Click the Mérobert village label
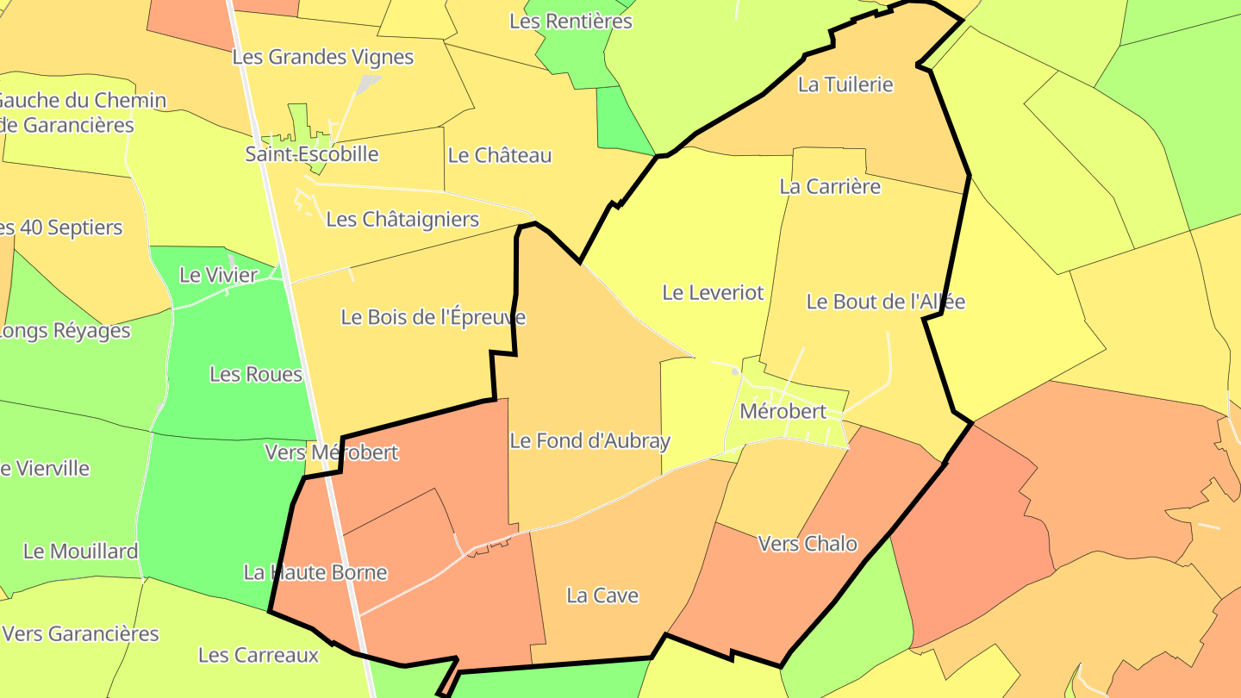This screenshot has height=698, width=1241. [783, 411]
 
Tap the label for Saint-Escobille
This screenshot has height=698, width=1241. [312, 154]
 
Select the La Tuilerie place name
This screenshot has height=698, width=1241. [845, 84]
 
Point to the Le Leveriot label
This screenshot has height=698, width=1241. [713, 292]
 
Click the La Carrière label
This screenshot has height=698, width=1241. [830, 186]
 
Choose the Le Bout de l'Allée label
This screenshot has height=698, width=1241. [885, 302]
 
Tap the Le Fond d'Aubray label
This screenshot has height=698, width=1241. [589, 441]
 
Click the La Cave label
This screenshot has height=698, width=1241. [602, 595]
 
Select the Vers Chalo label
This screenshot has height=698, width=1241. [808, 544]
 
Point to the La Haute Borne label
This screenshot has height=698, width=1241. [315, 572]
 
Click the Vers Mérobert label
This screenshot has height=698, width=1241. [332, 452]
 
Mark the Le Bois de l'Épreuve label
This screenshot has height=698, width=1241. [433, 317]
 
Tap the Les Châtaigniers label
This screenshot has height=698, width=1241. [402, 219]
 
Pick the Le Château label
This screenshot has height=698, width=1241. [500, 155]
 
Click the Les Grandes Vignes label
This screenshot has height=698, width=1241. [323, 57]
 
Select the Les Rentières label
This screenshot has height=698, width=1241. [571, 21]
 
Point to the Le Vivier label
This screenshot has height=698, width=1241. [219, 275]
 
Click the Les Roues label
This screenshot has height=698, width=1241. [256, 374]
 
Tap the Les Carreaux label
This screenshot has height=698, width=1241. [259, 655]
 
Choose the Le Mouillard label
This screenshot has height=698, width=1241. [81, 552]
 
